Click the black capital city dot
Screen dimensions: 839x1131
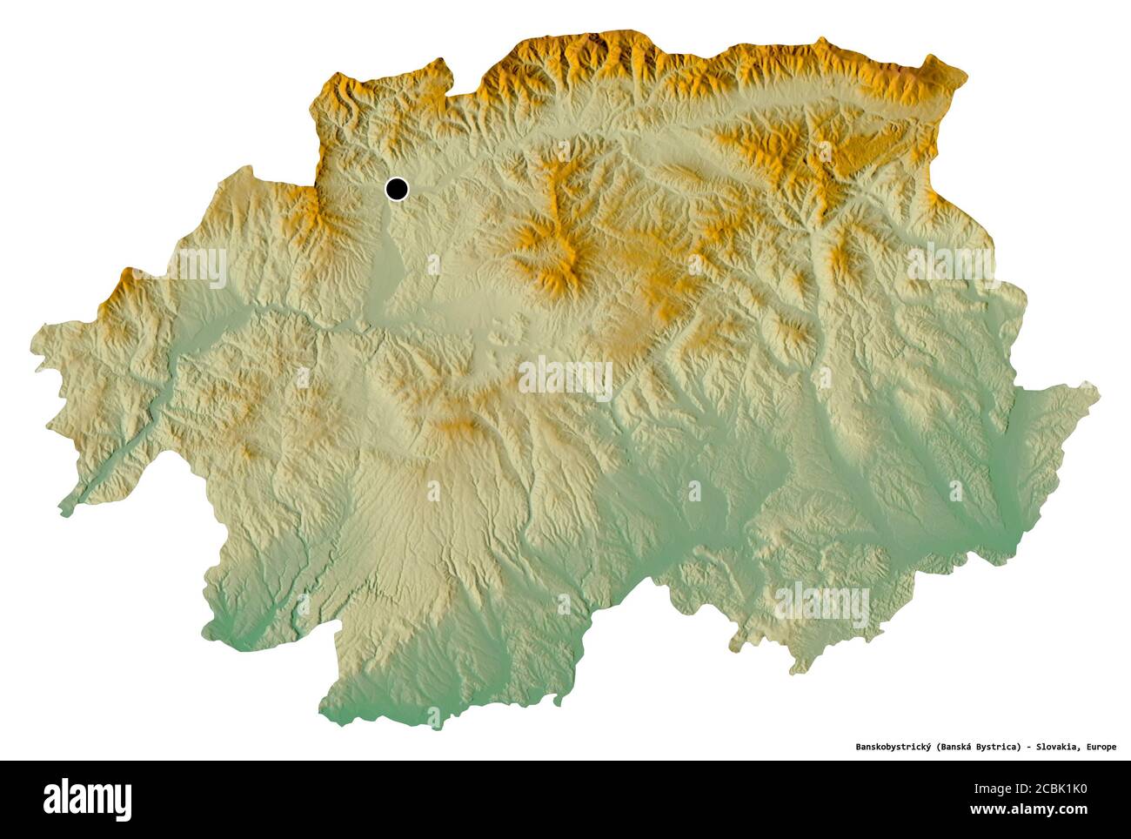[397, 188]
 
